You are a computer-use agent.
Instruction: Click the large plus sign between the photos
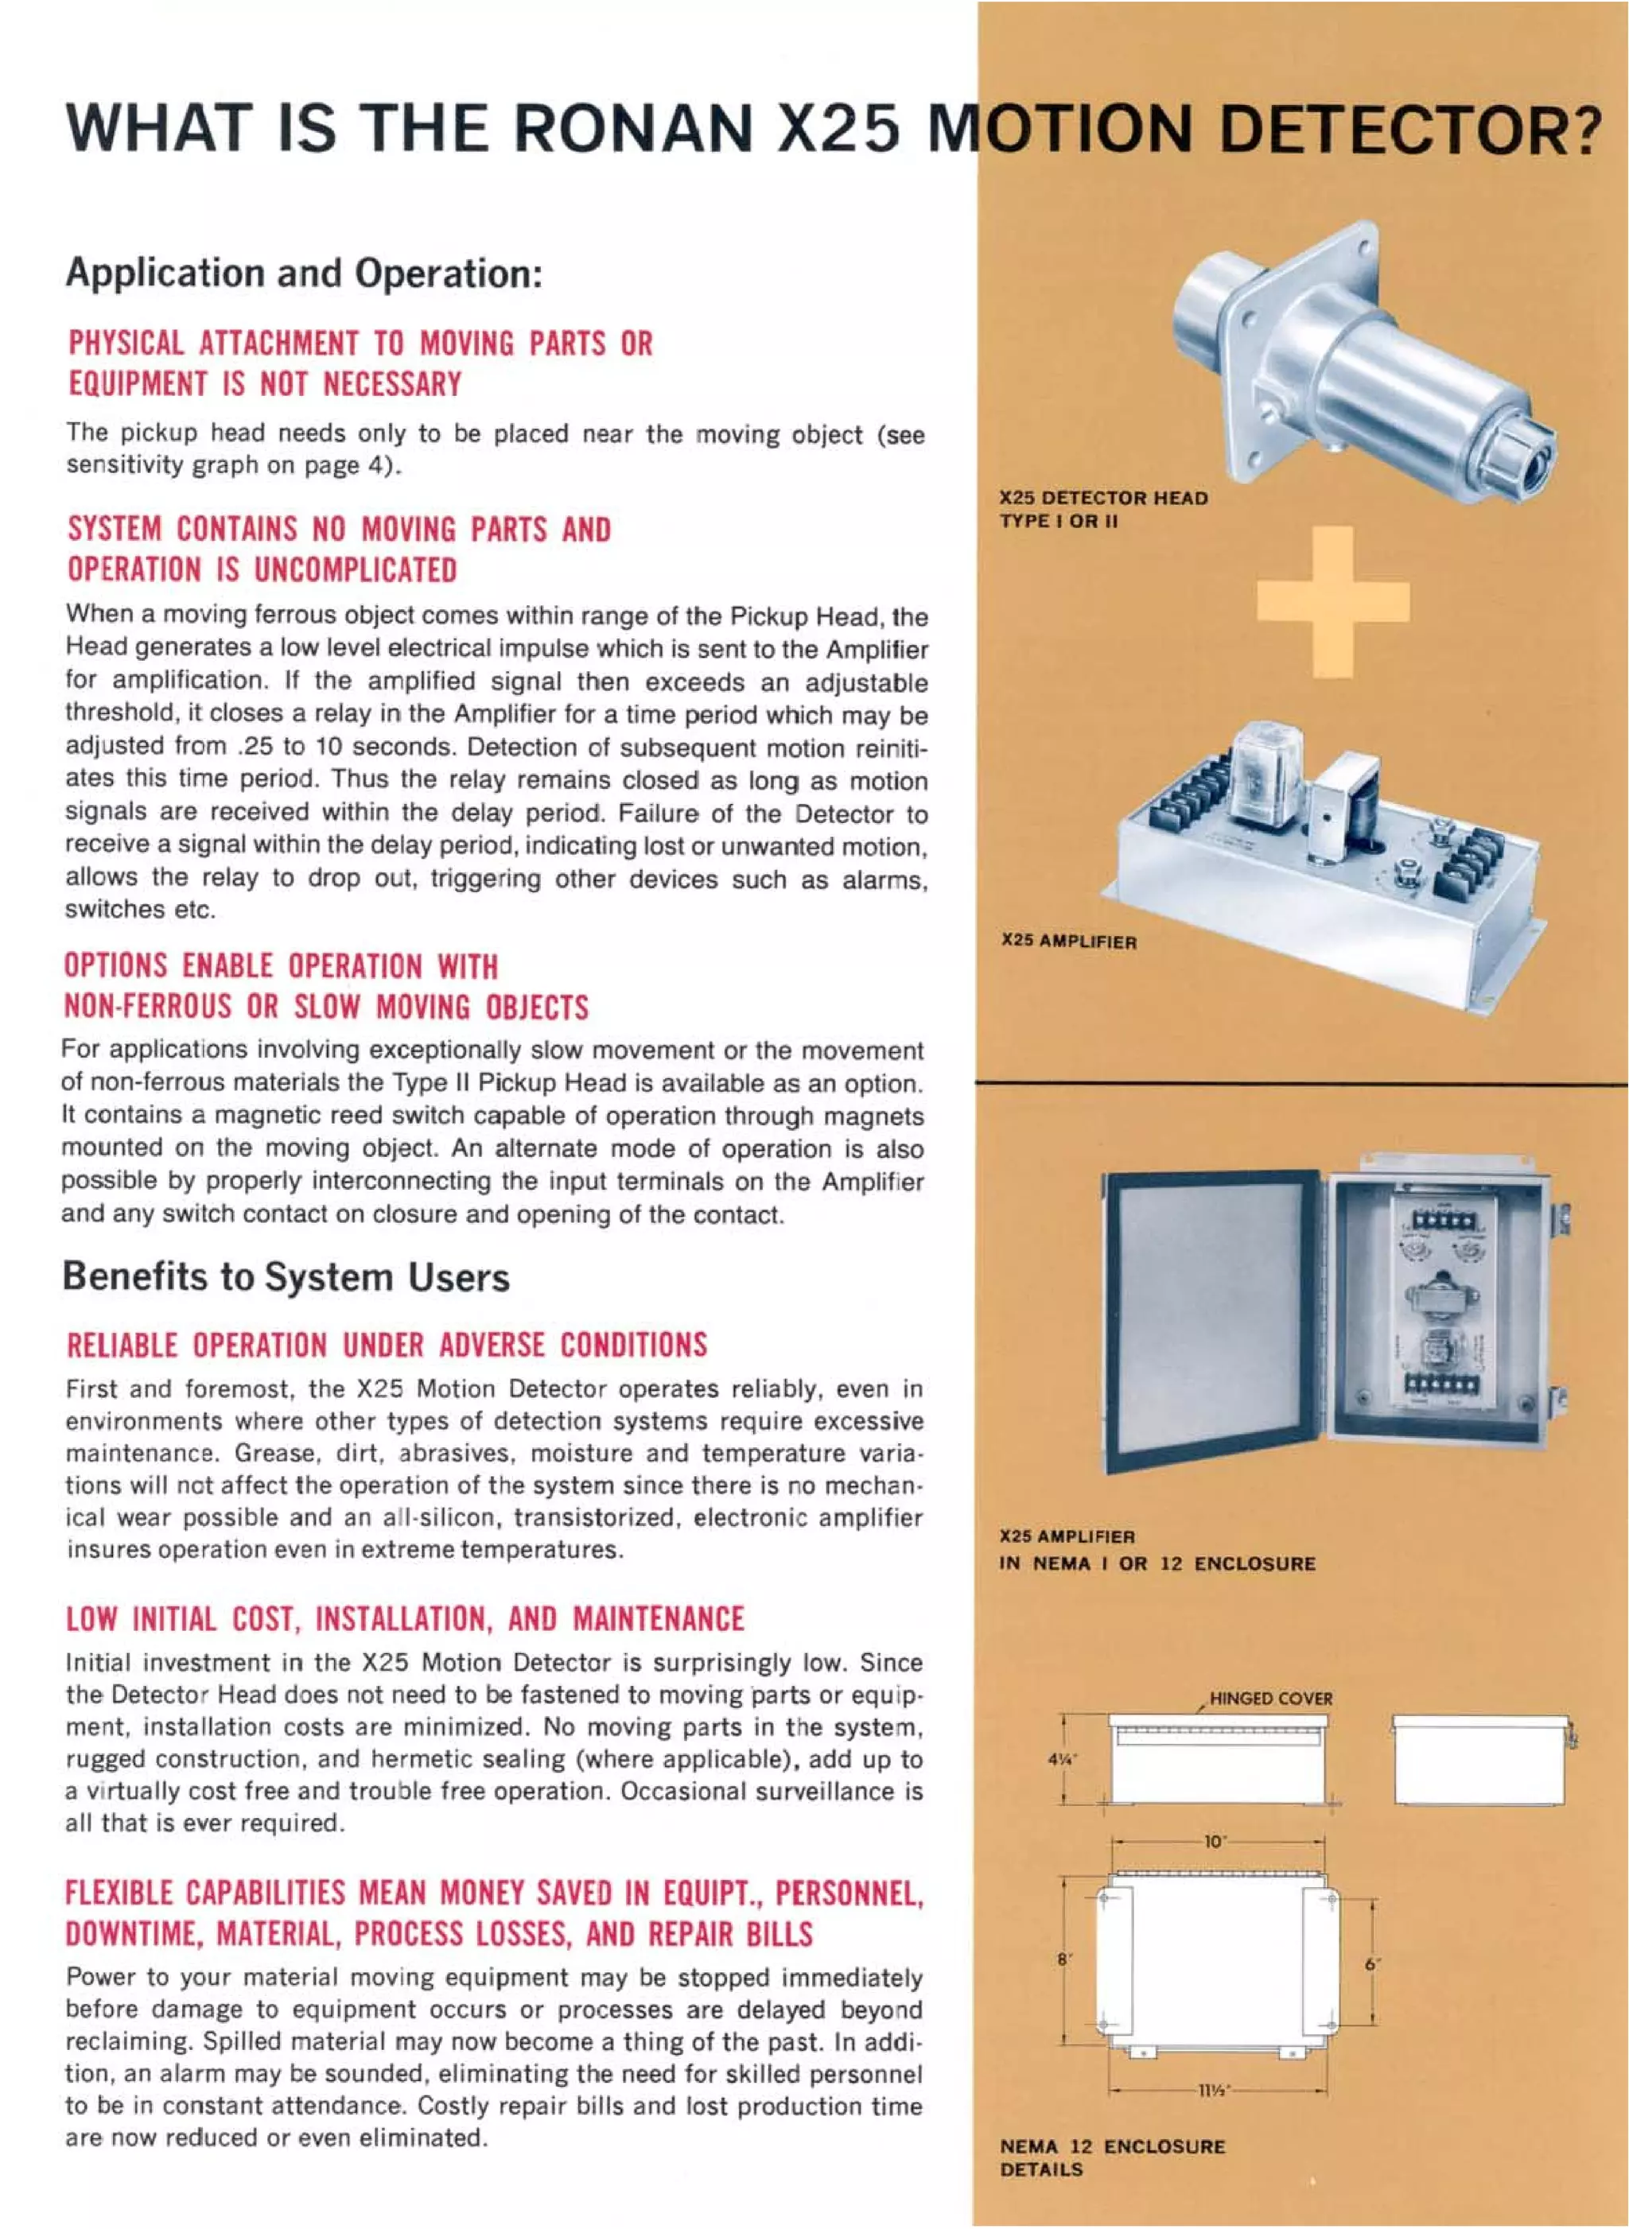click(x=1332, y=601)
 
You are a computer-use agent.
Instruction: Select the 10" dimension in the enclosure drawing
click(x=1214, y=1842)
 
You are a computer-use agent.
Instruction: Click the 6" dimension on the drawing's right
click(x=1371, y=1964)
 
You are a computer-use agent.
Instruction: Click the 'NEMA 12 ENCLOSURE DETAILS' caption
click(x=1111, y=2157)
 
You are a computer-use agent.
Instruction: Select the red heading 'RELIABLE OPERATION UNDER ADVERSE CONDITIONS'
click(x=386, y=1346)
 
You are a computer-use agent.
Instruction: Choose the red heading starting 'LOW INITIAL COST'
click(x=404, y=1619)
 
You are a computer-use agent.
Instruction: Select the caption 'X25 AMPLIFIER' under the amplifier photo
click(x=1068, y=942)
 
